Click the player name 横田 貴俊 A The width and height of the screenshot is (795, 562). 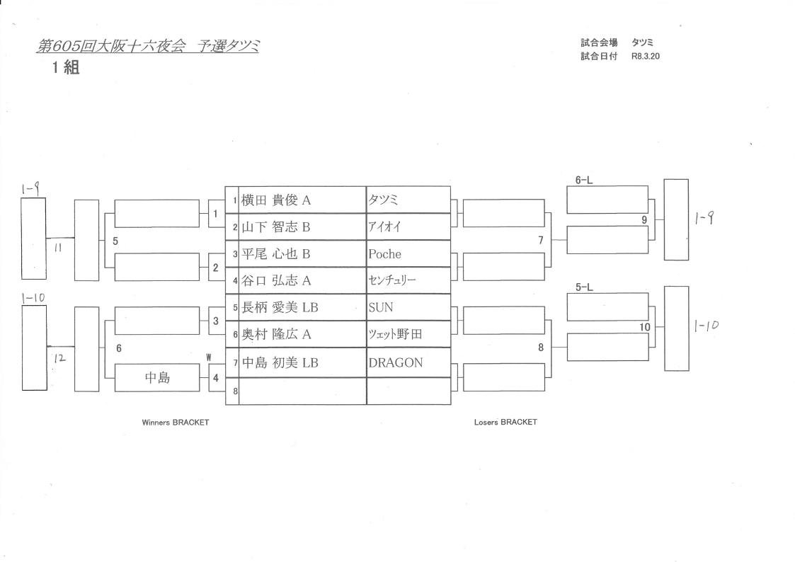pos(277,200)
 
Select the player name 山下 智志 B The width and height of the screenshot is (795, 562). pos(277,227)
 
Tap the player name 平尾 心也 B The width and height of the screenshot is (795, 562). pos(277,254)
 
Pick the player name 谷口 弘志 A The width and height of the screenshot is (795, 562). pos(277,281)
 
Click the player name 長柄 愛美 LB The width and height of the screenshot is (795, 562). pos(280,308)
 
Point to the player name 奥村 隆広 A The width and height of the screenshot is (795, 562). pos(277,335)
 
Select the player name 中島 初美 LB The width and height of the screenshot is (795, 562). pos(280,363)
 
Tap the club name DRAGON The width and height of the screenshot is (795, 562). pos(395,363)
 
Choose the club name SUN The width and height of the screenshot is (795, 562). pos(381,308)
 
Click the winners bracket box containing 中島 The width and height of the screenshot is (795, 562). pos(156,378)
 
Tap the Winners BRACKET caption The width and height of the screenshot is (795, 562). pos(176,422)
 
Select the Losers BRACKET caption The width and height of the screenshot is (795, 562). pos(505,422)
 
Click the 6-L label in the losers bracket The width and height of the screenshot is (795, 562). pos(583,180)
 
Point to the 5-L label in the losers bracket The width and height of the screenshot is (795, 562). pos(583,288)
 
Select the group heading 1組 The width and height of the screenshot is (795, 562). pos(64,71)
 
